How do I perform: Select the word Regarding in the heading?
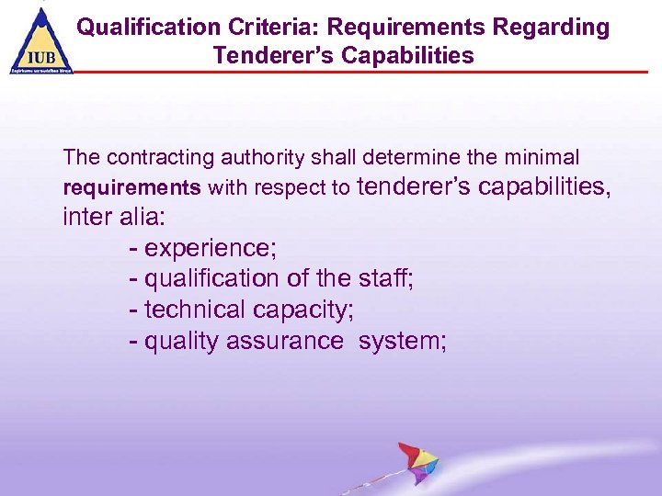pyautogui.click(x=556, y=28)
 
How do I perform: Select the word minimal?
pyautogui.click(x=544, y=159)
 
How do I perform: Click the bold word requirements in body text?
pyautogui.click(x=131, y=188)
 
